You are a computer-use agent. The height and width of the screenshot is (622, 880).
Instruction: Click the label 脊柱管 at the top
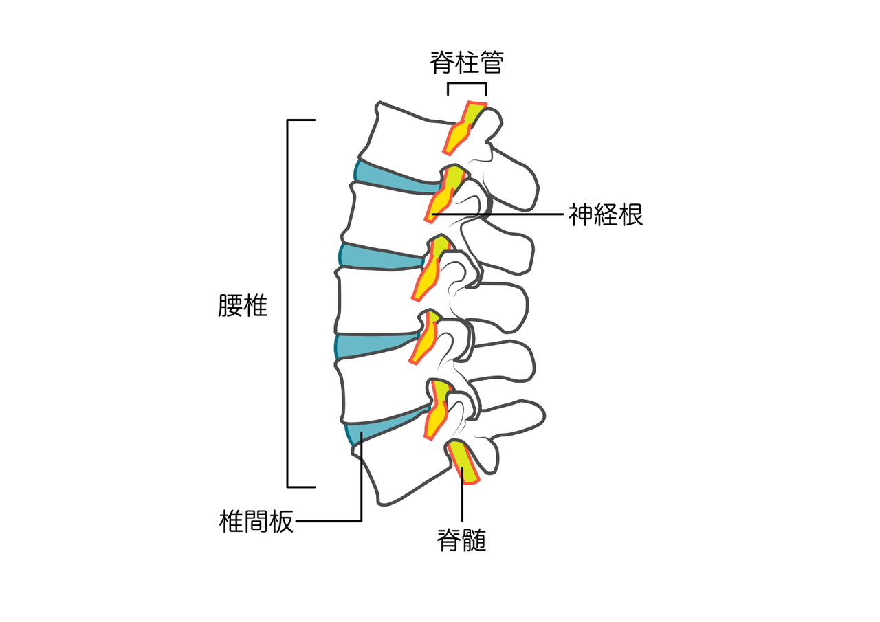[x=466, y=63]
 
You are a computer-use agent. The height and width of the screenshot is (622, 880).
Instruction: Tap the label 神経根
[x=606, y=215]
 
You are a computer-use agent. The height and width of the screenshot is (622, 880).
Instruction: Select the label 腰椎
[x=243, y=306]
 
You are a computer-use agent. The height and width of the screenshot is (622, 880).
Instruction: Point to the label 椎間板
[x=256, y=522]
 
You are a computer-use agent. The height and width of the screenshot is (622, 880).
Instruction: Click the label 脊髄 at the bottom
[x=461, y=540]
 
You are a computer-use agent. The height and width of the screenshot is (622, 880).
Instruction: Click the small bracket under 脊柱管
[x=467, y=83]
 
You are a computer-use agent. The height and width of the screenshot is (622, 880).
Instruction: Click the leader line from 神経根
[x=497, y=214]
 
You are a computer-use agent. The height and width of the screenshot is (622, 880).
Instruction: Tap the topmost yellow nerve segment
[x=463, y=128]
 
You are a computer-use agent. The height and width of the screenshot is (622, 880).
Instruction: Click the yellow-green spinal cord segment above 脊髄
[x=463, y=463]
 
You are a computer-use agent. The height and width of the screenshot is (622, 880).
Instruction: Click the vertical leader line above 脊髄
[x=463, y=495]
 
